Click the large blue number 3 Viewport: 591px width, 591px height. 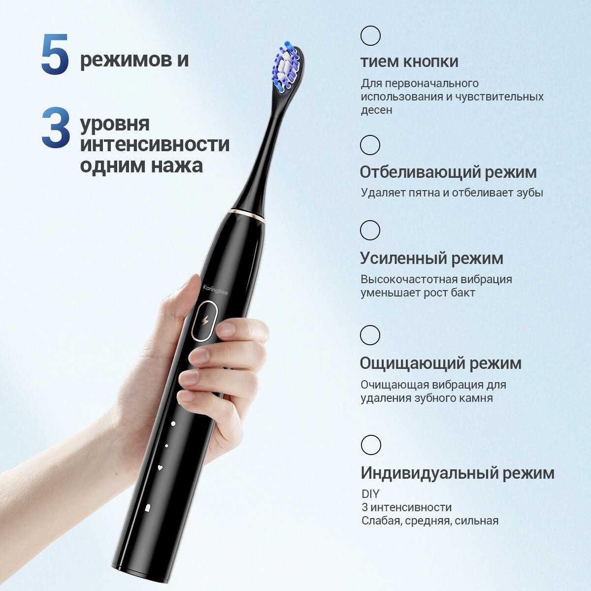click(x=56, y=128)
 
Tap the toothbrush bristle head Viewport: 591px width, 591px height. click(x=287, y=67)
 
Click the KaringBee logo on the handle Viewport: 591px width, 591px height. click(x=215, y=290)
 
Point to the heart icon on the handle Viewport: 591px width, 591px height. click(x=160, y=468)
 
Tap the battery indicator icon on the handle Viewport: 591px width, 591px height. click(x=148, y=507)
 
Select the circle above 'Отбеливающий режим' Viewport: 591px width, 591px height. click(x=370, y=145)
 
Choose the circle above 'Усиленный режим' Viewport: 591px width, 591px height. click(x=370, y=230)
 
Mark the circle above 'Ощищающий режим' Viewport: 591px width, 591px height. click(x=370, y=335)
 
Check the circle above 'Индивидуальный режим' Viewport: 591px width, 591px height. click(x=371, y=445)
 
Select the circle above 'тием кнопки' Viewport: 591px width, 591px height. click(x=370, y=35)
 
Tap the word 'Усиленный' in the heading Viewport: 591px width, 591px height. click(x=403, y=258)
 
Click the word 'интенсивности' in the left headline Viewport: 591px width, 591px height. click(x=155, y=144)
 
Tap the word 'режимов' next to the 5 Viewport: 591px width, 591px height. click(x=126, y=60)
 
